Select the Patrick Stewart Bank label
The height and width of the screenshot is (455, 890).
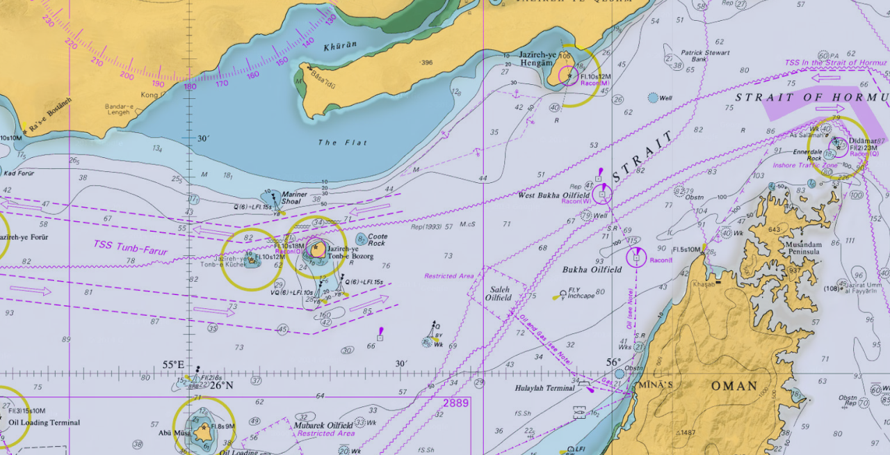click(x=705, y=56)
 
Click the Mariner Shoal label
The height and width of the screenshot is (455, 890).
click(x=294, y=198)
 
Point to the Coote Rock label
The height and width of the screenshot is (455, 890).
click(x=377, y=240)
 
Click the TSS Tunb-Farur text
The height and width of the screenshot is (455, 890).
click(x=131, y=247)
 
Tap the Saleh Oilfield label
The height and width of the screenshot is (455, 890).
click(x=499, y=294)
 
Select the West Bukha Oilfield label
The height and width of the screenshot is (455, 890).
click(x=553, y=195)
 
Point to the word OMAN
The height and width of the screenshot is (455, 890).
click(x=734, y=385)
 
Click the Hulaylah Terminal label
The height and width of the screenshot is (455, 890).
click(x=545, y=388)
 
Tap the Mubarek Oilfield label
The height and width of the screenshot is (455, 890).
click(x=323, y=426)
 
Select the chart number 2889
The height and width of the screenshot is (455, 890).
click(x=456, y=403)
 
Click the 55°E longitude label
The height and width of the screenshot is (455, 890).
click(x=174, y=365)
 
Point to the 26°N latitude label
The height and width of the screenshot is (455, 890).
click(x=222, y=385)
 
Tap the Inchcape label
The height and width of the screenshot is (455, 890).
click(x=581, y=296)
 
